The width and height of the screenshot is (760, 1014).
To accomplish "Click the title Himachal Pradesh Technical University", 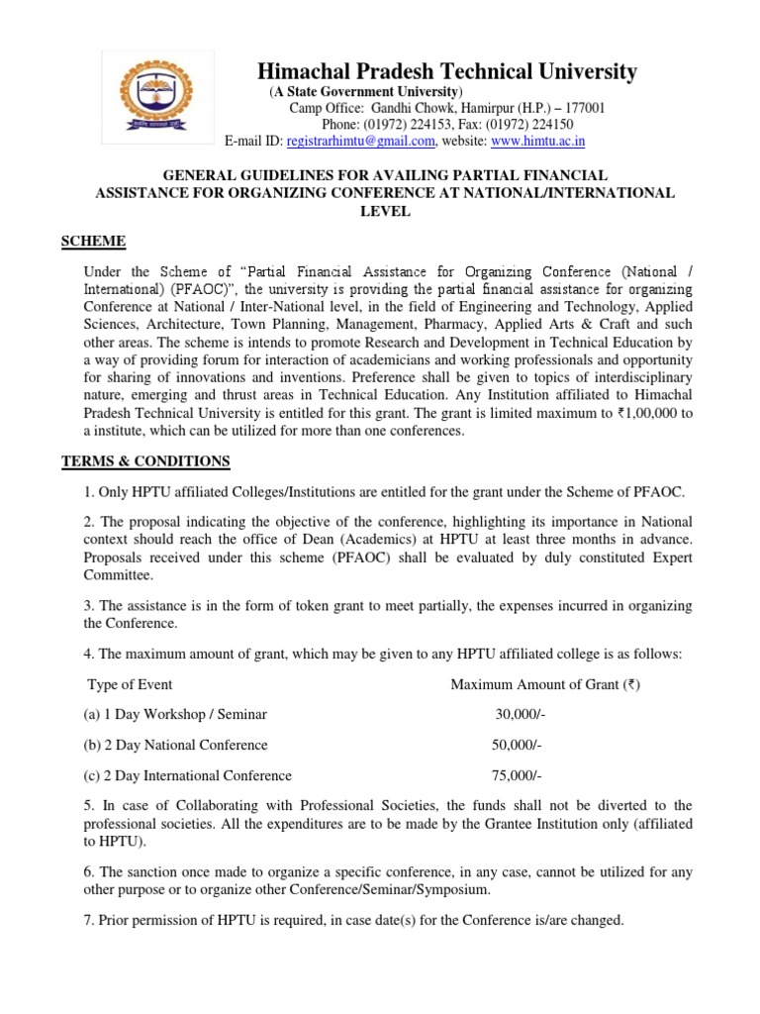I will tap(447, 71).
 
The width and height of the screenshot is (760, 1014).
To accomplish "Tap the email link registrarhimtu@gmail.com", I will tap(361, 142).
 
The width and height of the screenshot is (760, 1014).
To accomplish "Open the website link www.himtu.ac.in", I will tap(538, 142).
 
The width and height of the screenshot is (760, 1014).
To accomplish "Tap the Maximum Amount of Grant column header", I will tap(545, 683).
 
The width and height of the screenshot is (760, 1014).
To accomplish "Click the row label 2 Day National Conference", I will tap(178, 745).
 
